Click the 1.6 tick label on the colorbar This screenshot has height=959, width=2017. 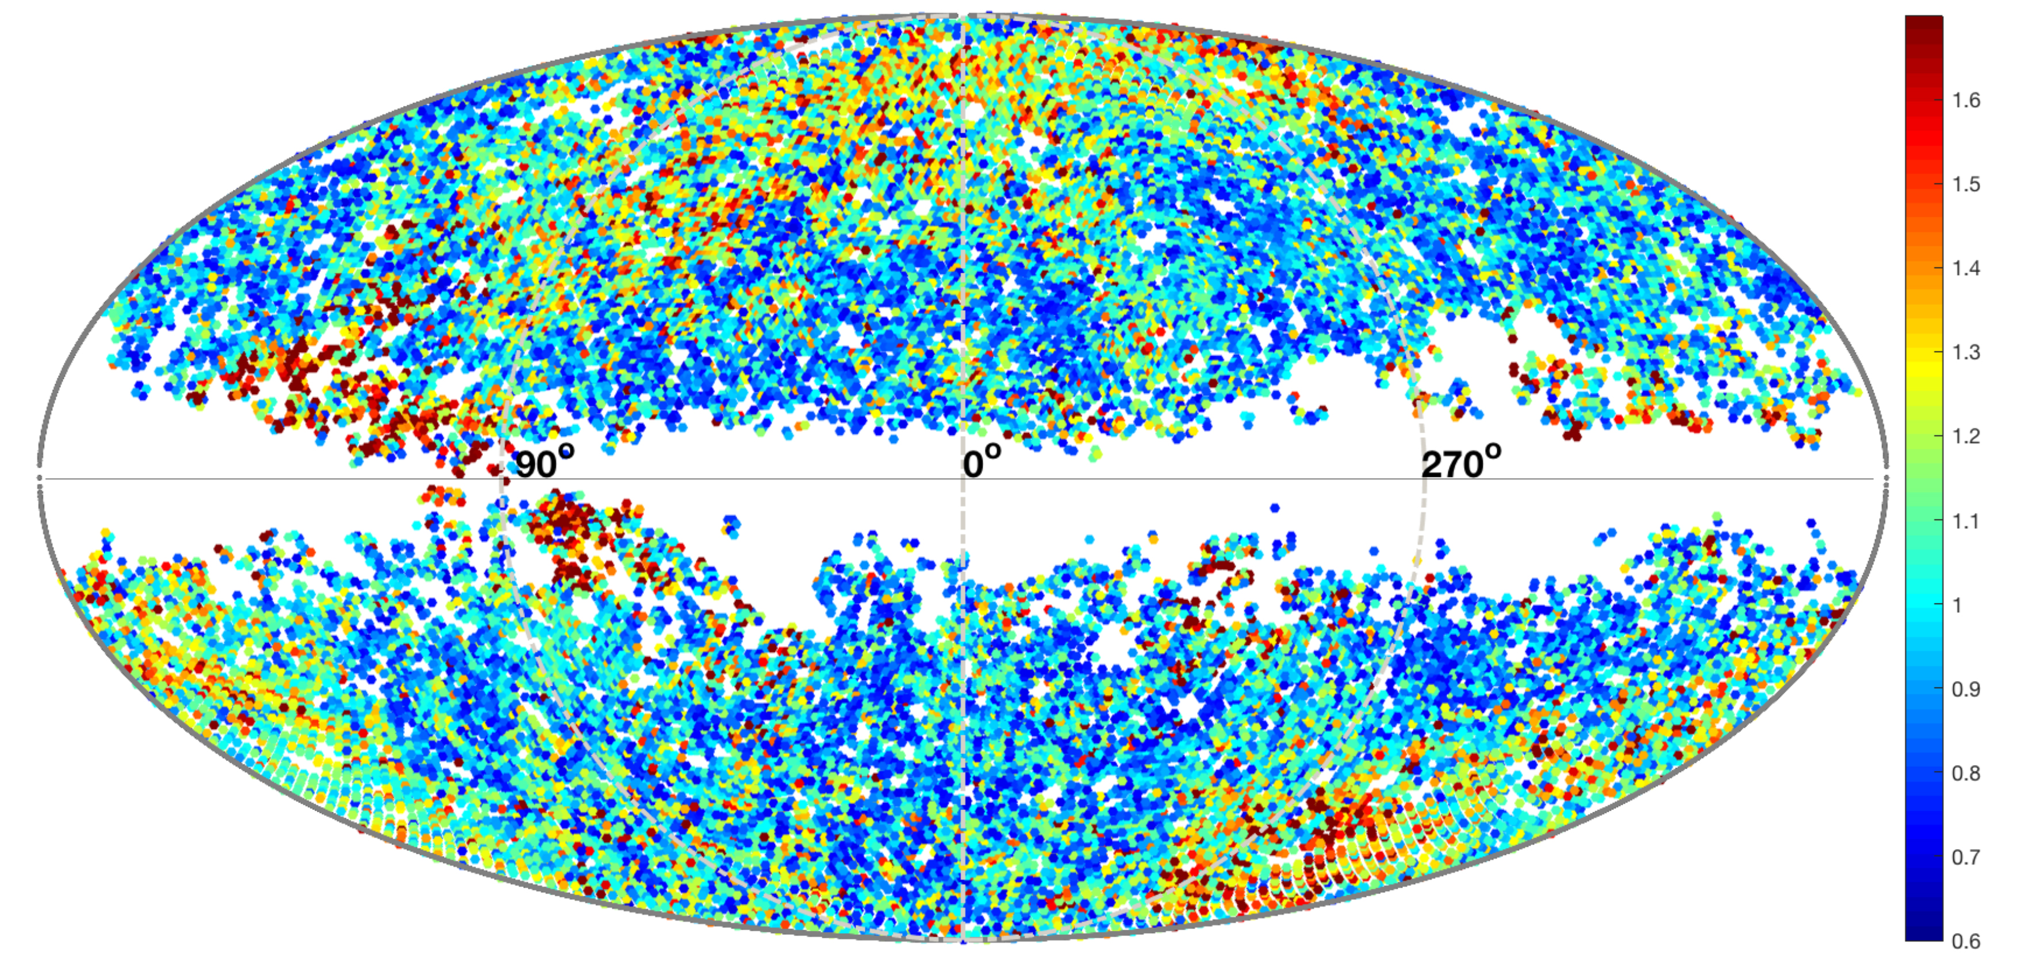point(1966,100)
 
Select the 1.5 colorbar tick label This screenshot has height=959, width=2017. point(1966,184)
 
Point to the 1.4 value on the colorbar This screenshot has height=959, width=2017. point(1966,268)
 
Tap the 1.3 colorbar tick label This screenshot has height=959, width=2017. point(1966,352)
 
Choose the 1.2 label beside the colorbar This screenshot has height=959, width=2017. point(1966,435)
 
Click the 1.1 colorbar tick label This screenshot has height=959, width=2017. point(1966,520)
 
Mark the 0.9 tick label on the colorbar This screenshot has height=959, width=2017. point(1966,689)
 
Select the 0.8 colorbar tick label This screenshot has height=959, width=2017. point(1966,773)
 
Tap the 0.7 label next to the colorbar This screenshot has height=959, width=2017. point(1966,857)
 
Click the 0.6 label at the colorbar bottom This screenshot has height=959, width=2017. point(1966,940)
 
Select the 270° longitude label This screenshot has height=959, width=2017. point(1461,463)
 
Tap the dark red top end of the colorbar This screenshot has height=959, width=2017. point(1924,24)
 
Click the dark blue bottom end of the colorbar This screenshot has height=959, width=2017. point(1924,933)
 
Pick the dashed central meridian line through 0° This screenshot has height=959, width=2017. point(963,235)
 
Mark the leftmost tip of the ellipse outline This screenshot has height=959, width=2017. point(40,478)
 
